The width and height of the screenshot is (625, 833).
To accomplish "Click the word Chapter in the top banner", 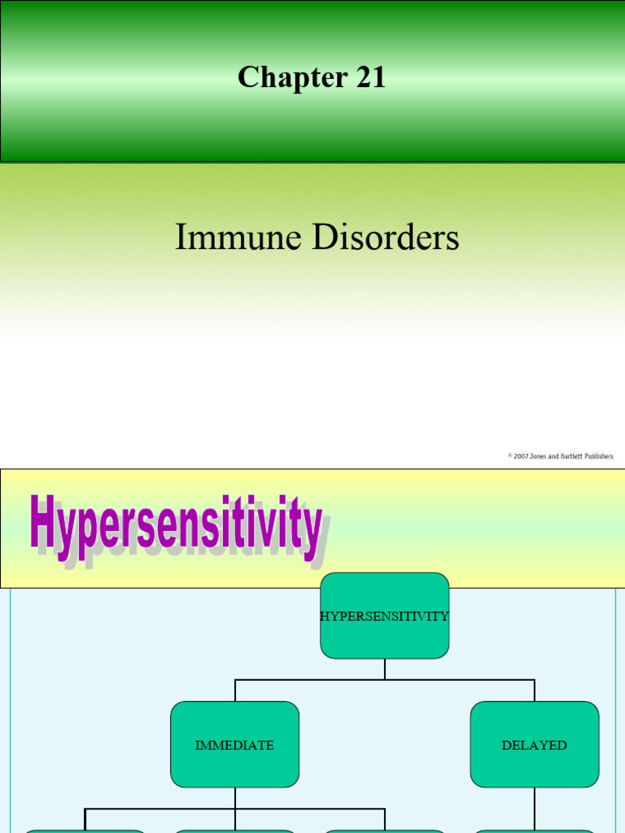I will pos(280,78).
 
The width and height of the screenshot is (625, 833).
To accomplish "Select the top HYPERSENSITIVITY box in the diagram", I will pos(384,616).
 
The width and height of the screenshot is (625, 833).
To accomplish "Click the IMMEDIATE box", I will pos(234,745).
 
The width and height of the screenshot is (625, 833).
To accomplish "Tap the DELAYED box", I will pos(535,745).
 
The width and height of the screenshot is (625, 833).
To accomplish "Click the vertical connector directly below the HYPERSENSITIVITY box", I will pos(385,669).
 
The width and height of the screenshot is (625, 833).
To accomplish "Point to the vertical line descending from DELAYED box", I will pos(535,809).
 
